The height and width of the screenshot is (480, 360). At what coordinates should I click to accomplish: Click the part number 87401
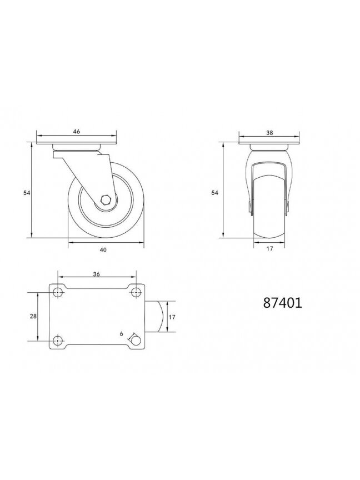(x=283, y=303)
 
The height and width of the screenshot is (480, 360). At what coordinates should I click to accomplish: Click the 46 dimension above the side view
(x=77, y=131)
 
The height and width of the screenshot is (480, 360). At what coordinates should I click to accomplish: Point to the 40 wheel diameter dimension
(x=103, y=250)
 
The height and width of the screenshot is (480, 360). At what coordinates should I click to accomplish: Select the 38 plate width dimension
(x=269, y=133)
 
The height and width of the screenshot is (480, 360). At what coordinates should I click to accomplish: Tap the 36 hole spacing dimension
(x=97, y=274)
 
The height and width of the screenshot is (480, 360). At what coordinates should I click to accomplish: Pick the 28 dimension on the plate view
(x=33, y=316)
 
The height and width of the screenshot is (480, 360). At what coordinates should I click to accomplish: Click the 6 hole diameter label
(x=122, y=334)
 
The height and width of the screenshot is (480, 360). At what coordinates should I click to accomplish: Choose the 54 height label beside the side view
(x=27, y=193)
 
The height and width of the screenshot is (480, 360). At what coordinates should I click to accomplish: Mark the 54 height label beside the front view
(x=215, y=193)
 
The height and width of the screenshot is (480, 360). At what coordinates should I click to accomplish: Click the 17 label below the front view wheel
(x=269, y=248)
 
